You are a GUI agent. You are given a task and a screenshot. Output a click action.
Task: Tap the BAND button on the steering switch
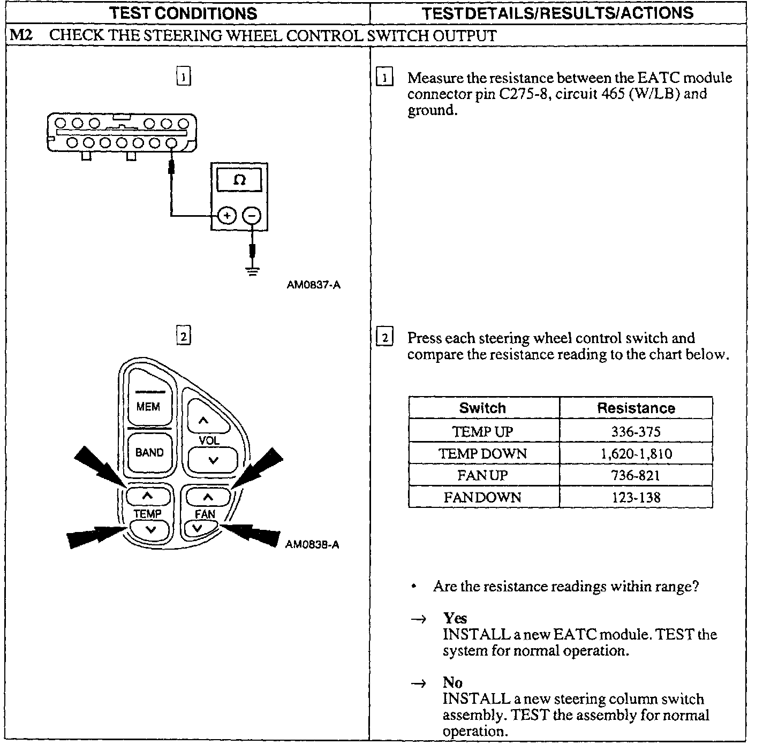(x=149, y=453)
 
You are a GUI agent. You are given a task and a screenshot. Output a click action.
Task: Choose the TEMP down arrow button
(x=150, y=529)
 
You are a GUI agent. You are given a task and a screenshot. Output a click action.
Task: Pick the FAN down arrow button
(x=198, y=529)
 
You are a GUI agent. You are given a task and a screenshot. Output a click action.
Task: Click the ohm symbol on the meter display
(x=239, y=180)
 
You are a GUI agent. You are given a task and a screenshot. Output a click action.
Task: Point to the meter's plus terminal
(x=228, y=216)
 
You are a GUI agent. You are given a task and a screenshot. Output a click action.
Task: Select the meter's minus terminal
(x=252, y=216)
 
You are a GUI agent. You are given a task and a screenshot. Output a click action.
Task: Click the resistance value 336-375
(x=636, y=431)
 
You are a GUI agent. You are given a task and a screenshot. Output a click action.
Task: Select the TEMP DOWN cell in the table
(x=483, y=454)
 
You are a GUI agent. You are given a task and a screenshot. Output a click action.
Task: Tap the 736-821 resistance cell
(x=636, y=475)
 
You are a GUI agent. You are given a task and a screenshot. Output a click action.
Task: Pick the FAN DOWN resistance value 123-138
(x=636, y=497)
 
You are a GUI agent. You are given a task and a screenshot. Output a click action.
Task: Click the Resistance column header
(x=636, y=408)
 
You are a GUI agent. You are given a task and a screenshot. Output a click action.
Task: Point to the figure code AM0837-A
(x=313, y=285)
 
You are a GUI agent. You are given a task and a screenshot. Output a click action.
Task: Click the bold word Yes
(x=455, y=619)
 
